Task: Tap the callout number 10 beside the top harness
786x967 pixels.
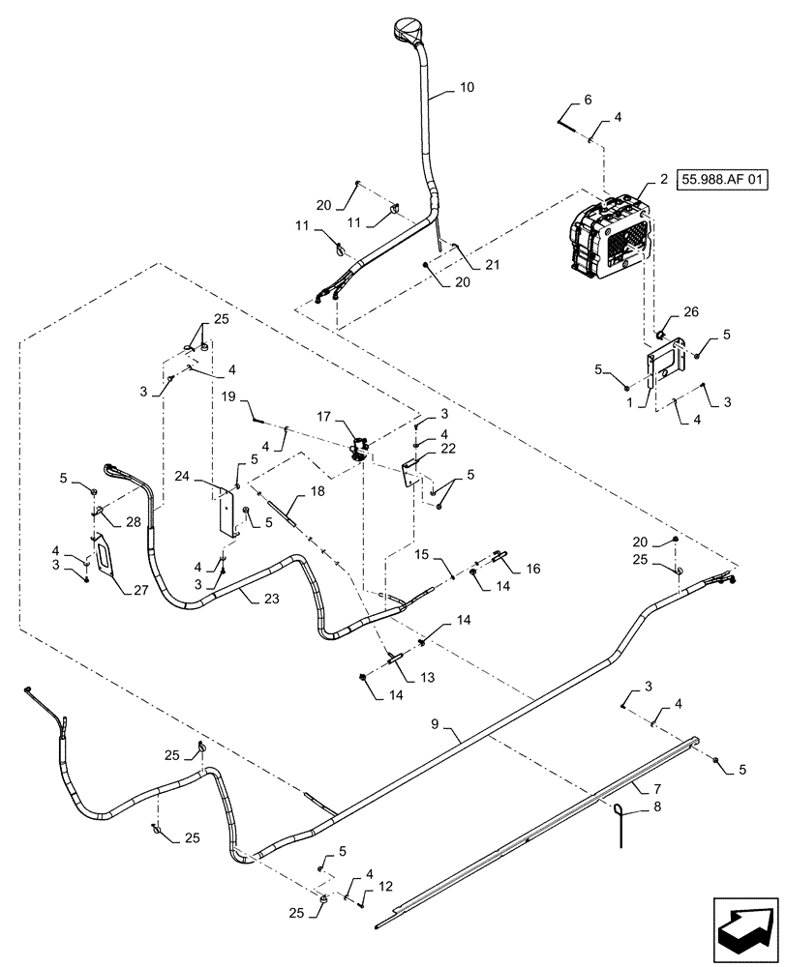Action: click(x=467, y=88)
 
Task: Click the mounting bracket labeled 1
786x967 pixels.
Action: click(x=664, y=366)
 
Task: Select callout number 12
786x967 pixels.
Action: click(x=386, y=884)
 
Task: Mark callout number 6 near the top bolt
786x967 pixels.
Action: click(x=587, y=100)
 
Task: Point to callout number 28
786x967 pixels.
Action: click(x=133, y=522)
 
